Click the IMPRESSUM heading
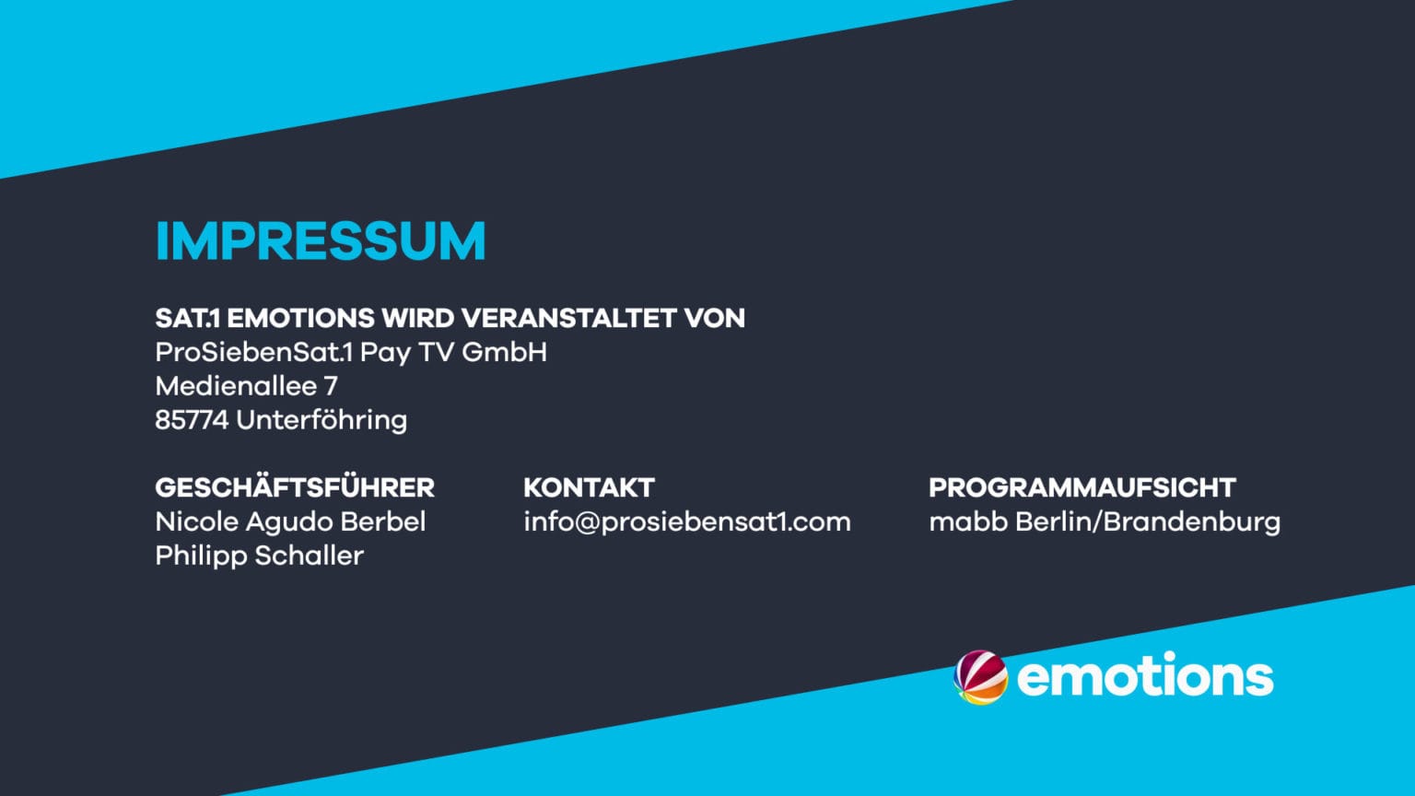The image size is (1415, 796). [x=321, y=240]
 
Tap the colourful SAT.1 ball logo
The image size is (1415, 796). [x=980, y=677]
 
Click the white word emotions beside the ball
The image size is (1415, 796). [x=1145, y=674]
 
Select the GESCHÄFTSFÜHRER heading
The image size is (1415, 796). [x=295, y=487]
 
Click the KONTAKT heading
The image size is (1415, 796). [x=589, y=487]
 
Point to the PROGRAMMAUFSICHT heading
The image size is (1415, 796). [x=1082, y=487]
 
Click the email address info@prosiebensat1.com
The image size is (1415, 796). [x=687, y=522]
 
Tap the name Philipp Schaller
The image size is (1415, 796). [x=260, y=556]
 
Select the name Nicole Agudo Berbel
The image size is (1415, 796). [x=290, y=521]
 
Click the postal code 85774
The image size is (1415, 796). [x=192, y=420]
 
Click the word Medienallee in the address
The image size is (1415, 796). [x=236, y=386]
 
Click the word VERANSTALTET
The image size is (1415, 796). [x=568, y=318]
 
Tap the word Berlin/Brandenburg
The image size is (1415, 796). [x=1148, y=522]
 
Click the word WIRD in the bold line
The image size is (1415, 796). [x=417, y=318]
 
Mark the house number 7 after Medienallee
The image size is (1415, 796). [x=331, y=386]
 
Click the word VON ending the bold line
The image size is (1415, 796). [x=715, y=318]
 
